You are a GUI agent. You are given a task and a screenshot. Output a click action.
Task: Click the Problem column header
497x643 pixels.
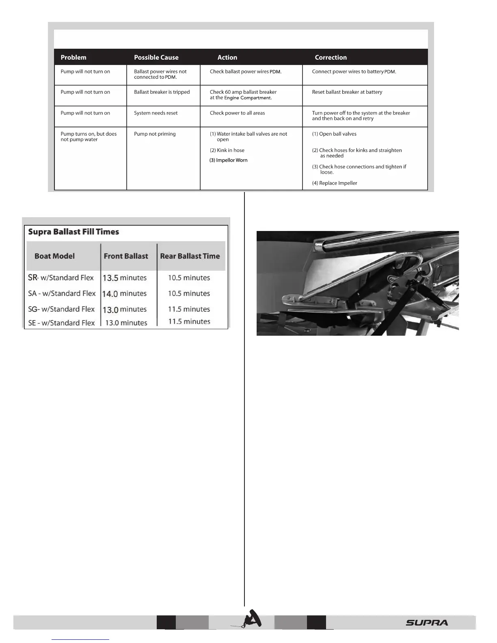pos(73,57)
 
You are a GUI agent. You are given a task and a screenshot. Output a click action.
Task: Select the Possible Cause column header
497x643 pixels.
pos(156,57)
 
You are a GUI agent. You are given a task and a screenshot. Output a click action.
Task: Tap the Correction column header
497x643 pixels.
pos(331,57)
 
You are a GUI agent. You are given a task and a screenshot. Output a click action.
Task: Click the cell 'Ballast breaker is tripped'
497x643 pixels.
pos(162,92)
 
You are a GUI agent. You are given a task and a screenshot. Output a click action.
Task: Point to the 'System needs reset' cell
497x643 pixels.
pos(156,113)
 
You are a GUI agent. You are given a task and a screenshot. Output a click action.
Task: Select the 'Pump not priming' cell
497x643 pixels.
pos(155,134)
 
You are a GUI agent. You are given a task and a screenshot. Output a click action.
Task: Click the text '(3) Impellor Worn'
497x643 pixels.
pos(229,160)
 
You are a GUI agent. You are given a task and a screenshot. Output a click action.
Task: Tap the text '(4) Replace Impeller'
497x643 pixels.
pos(335,183)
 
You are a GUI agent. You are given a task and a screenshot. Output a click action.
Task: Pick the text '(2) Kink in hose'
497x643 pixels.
pos(227,150)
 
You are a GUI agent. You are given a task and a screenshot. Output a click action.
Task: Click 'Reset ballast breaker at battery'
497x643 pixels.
pos(347,92)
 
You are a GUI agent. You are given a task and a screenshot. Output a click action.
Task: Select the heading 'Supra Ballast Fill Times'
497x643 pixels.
pos(73,232)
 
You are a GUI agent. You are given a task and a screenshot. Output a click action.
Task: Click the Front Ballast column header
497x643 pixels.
pos(126,256)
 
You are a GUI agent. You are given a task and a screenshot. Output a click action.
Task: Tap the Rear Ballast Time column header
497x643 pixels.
pos(190,256)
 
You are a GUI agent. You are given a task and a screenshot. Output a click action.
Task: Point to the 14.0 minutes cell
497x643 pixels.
pos(124,293)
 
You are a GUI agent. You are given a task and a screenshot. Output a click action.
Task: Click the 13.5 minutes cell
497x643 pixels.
pos(124,278)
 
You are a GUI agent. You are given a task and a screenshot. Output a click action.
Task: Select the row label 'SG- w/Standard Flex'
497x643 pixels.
pos(61,309)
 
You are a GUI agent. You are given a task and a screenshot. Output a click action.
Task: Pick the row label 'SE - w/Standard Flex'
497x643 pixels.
pos(61,323)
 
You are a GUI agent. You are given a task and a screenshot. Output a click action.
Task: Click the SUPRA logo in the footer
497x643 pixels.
pos(427,623)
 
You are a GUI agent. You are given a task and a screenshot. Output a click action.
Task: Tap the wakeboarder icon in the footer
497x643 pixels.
pos(251,620)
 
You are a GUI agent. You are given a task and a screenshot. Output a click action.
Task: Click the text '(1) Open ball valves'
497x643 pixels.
pos(334,134)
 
